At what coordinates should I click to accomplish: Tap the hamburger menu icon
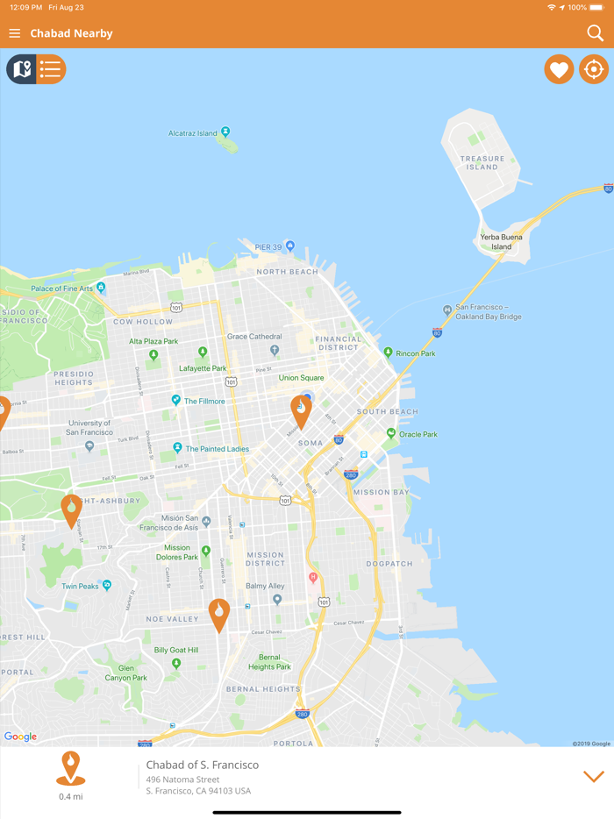15,33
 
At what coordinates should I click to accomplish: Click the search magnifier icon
595,33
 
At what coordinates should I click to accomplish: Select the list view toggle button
51,69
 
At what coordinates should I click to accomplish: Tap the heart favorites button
559,69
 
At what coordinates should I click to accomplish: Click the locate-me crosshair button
594,69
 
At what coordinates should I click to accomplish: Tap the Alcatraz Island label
193,133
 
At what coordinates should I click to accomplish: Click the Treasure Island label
482,162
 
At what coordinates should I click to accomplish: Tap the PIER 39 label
268,247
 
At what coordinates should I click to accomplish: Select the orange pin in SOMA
301,410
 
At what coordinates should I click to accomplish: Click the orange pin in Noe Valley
218,613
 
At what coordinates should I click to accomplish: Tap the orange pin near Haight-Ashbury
71,509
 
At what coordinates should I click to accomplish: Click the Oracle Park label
418,434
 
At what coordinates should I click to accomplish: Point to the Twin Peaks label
80,586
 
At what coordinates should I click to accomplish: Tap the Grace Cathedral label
254,337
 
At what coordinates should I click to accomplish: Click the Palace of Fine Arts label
61,288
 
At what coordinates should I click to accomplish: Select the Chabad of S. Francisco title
203,765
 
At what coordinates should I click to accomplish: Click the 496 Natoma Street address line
182,780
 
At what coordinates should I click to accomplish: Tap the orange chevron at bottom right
594,776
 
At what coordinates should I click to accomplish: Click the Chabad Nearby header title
71,33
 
